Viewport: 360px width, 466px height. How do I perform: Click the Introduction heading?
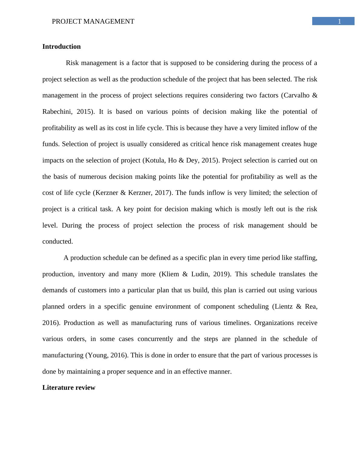point(61,47)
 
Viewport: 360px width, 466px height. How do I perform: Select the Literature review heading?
point(69,388)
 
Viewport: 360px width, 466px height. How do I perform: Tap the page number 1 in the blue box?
point(339,21)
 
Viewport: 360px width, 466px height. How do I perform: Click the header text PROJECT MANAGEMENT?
point(93,21)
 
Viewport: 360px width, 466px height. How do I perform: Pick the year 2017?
point(162,193)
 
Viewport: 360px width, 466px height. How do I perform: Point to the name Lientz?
point(283,307)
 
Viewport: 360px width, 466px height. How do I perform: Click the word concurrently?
point(155,339)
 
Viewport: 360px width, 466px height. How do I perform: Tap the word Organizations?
point(274,323)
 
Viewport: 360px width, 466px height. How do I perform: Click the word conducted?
point(57,241)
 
